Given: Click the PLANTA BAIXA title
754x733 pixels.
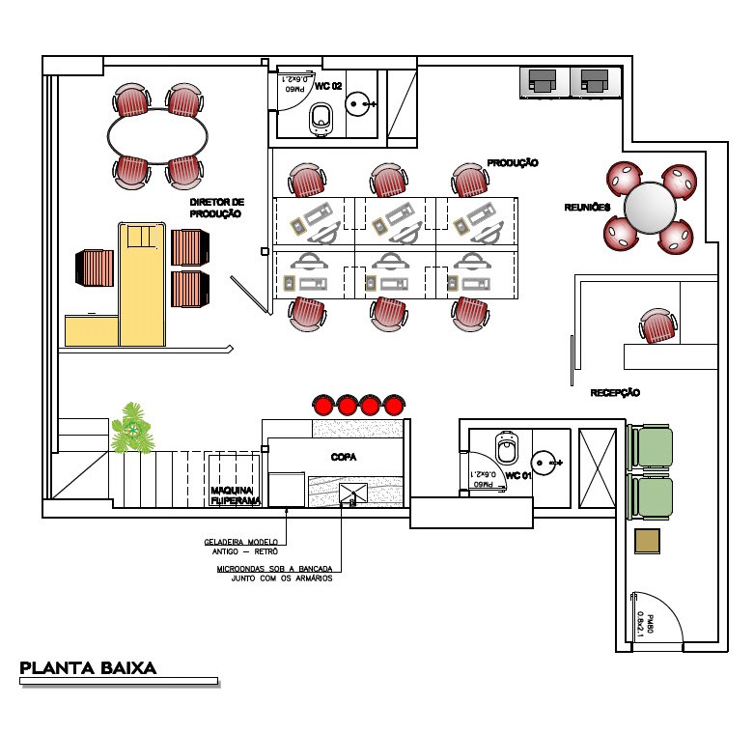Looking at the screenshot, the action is [x=88, y=667].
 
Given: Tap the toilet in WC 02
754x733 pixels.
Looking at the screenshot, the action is [x=321, y=119].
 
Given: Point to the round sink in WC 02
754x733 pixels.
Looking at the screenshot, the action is [x=360, y=100].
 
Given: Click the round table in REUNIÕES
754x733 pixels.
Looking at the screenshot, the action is [x=650, y=207].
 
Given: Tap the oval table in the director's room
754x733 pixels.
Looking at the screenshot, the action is [x=157, y=134].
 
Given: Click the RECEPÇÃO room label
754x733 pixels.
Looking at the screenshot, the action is [x=615, y=393].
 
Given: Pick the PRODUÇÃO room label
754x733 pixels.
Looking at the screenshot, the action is [x=512, y=163].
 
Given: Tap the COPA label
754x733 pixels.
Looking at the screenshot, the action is [x=345, y=457].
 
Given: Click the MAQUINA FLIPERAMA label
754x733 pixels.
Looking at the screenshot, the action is [x=237, y=496].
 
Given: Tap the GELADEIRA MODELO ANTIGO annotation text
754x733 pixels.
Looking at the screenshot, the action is [x=241, y=546].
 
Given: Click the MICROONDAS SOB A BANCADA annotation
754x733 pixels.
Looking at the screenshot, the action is [x=275, y=574].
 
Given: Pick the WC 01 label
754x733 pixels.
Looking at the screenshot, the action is [x=518, y=475].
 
